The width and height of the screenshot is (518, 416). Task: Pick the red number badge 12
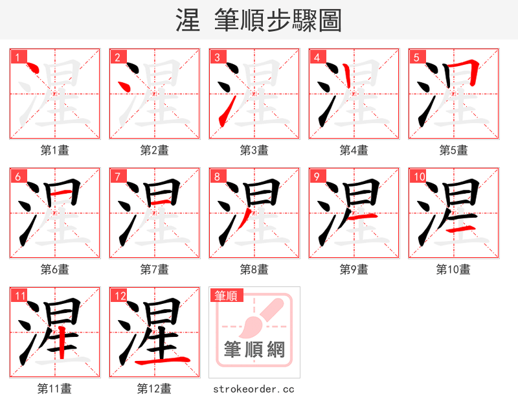(x=120, y=296)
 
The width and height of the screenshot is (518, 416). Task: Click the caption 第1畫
(x=55, y=150)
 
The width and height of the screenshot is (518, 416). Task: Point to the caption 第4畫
(x=354, y=150)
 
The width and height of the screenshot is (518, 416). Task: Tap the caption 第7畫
(x=154, y=269)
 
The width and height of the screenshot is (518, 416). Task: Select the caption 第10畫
(x=453, y=269)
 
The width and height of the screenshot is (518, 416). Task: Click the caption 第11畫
(x=55, y=389)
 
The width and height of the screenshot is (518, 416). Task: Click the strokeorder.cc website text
(x=254, y=389)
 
